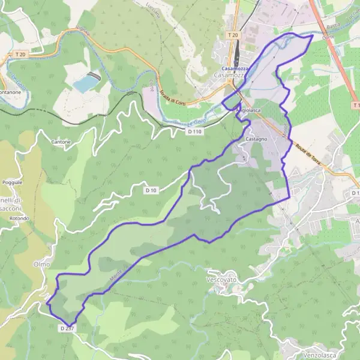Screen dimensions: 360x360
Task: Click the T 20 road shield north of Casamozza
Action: [x=233, y=35]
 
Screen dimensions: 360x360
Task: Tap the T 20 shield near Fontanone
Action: [x=20, y=55]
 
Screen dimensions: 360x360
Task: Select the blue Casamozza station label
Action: [x=233, y=68]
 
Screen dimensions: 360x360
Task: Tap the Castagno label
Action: [x=256, y=139]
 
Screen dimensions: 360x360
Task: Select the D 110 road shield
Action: [x=194, y=131]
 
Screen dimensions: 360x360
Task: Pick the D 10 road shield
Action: [x=151, y=190]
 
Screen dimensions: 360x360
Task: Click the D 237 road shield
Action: [x=67, y=328]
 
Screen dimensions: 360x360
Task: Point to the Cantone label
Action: [x=61, y=142]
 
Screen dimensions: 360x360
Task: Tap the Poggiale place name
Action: [x=12, y=181]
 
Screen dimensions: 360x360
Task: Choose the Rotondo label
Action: [x=19, y=218]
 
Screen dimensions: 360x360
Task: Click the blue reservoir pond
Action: [x=85, y=83]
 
